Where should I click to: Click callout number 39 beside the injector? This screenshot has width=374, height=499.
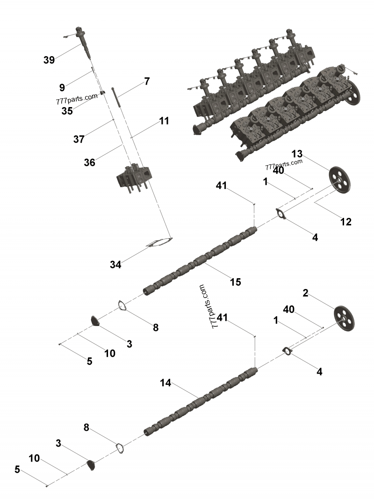[49, 60]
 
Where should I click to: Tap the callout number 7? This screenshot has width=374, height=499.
[147, 81]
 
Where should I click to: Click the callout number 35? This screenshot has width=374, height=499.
[67, 111]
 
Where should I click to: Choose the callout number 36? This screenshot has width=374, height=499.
[89, 162]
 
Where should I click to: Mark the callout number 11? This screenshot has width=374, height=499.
[163, 121]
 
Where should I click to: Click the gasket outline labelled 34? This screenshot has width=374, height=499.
[159, 243]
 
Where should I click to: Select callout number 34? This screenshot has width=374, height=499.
[115, 265]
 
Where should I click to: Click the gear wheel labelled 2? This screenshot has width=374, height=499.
[345, 318]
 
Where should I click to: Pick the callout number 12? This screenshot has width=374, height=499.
[345, 222]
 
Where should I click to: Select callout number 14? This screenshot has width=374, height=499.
[165, 383]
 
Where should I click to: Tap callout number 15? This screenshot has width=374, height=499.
[235, 282]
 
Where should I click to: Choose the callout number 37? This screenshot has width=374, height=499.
[79, 139]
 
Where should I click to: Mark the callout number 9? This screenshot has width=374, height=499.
[62, 87]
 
